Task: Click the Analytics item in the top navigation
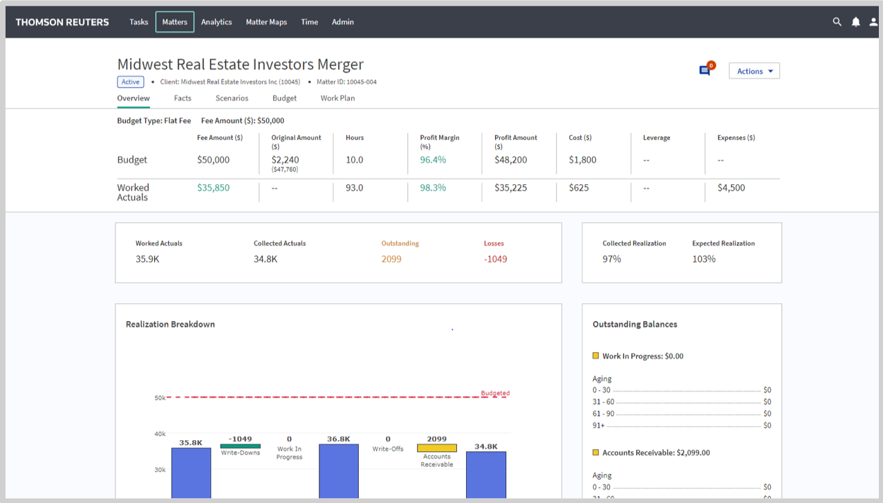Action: click(216, 22)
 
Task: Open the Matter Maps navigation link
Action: click(266, 22)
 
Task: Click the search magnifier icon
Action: click(837, 22)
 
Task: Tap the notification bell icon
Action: click(855, 22)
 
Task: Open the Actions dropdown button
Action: click(754, 71)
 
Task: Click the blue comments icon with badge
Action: click(705, 71)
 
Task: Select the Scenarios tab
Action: click(232, 98)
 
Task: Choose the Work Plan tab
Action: click(337, 98)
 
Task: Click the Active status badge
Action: click(131, 82)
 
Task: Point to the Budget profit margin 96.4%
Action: click(433, 160)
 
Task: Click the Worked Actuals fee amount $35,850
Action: click(213, 188)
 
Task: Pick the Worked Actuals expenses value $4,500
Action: click(731, 188)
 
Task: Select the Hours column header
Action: click(355, 138)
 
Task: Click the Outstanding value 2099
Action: click(391, 259)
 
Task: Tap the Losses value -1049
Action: click(495, 259)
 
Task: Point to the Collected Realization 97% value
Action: click(612, 259)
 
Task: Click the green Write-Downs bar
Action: click(240, 446)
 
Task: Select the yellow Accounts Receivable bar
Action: click(436, 448)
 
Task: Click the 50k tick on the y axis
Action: click(160, 398)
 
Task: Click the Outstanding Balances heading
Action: click(635, 324)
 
